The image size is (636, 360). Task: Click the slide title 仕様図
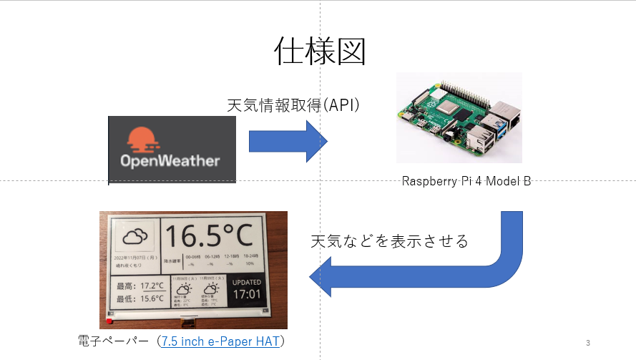(320, 51)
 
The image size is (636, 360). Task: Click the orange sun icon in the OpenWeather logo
(142, 139)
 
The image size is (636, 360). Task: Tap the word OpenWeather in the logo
(170, 160)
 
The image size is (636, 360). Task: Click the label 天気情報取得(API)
(293, 105)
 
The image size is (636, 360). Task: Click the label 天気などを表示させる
(389, 241)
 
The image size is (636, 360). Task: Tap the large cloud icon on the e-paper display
(135, 235)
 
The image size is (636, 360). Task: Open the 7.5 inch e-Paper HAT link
(222, 341)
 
